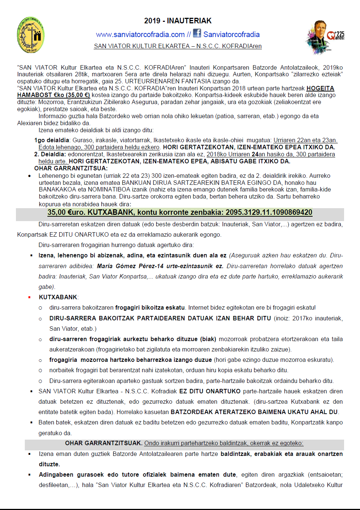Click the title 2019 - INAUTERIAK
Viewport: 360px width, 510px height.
coord(178,21)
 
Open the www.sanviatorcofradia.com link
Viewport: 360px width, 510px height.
coord(140,34)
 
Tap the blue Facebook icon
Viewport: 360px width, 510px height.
coord(197,33)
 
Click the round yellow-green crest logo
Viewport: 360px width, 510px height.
coord(31,35)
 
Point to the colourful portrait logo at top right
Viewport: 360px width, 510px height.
coord(325,37)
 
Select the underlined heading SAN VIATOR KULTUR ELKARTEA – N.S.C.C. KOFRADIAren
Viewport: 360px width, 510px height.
coord(178,46)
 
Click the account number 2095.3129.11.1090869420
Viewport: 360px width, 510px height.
coord(269,212)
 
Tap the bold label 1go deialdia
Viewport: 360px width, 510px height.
coord(51,140)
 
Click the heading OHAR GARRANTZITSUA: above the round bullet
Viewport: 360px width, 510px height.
coord(65,168)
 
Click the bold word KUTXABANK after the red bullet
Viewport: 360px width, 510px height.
coord(58,297)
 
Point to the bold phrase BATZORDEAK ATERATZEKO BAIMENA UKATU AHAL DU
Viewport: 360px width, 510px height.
coord(254,412)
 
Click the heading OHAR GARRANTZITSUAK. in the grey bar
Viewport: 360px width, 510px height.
coord(103,443)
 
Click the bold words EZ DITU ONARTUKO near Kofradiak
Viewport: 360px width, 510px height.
coord(210,391)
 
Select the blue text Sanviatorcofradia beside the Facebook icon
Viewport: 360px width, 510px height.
coord(231,34)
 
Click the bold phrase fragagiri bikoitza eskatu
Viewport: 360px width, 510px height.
coord(150,307)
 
